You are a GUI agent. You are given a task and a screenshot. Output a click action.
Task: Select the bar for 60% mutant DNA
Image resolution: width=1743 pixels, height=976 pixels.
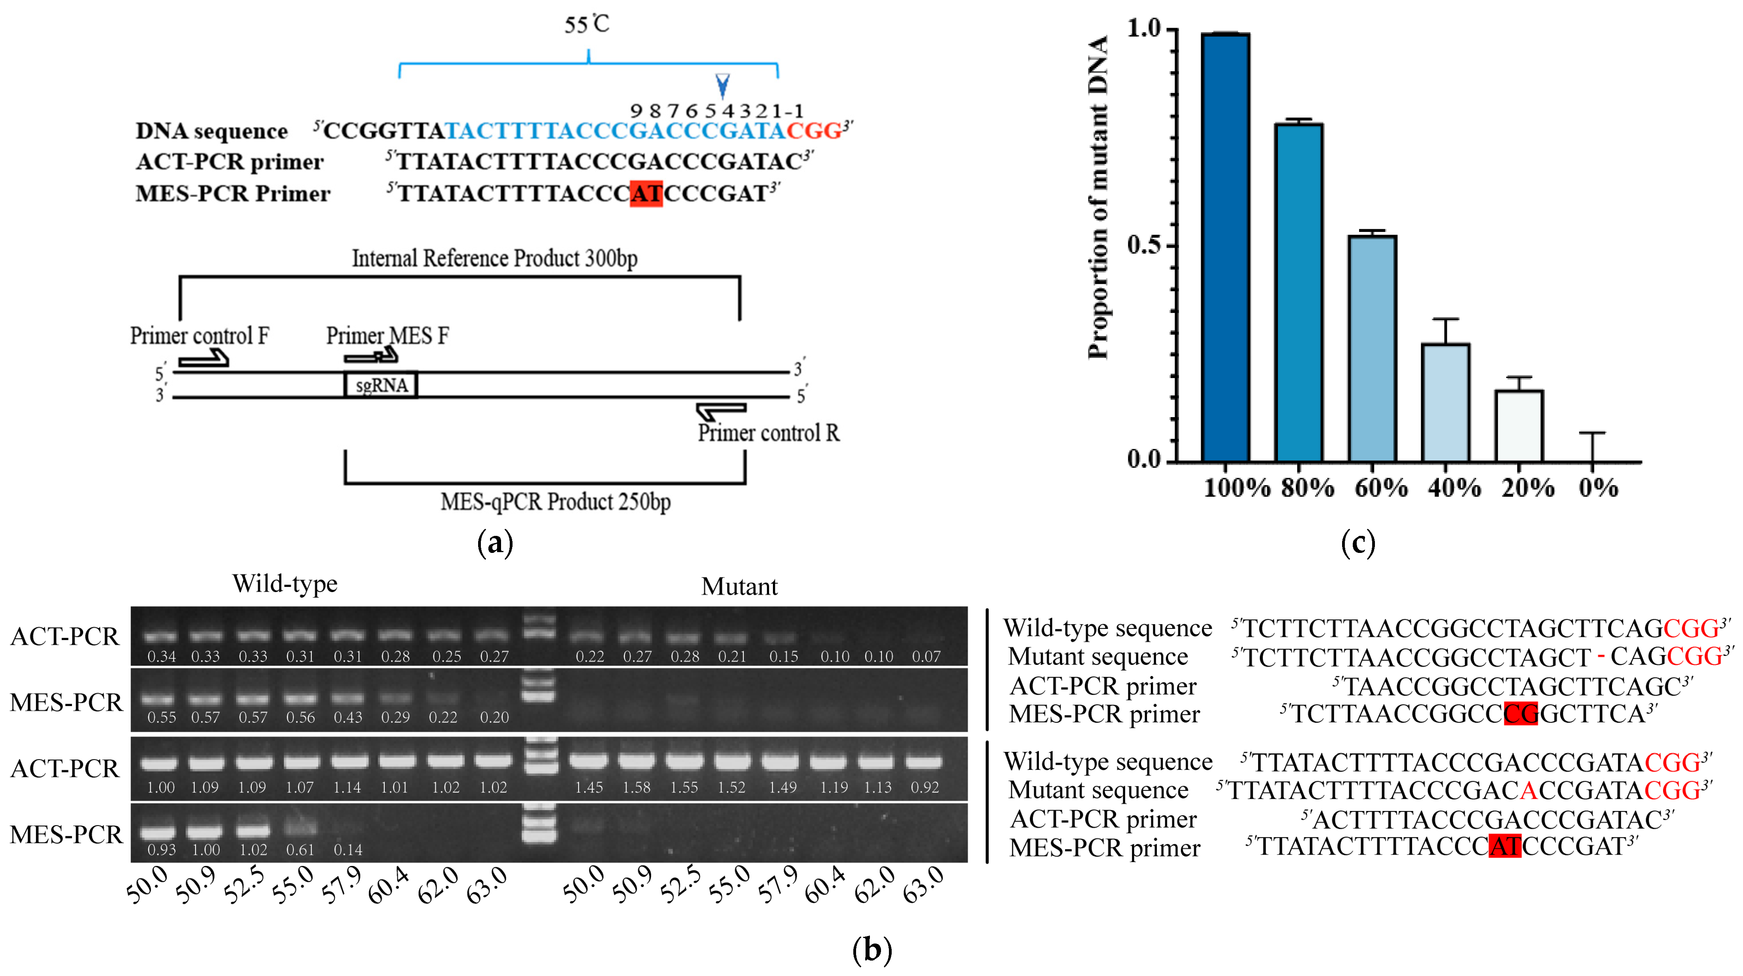coord(1372,349)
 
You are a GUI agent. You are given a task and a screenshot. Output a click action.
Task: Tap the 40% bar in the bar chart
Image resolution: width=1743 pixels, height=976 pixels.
coord(1445,403)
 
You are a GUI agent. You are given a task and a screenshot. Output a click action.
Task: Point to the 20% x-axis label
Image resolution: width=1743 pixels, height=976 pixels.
coord(1528,487)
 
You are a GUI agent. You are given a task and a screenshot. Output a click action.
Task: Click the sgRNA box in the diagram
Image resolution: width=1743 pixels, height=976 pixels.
coord(381,384)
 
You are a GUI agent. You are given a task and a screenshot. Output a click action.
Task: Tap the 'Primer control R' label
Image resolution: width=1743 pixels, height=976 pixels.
coord(769,433)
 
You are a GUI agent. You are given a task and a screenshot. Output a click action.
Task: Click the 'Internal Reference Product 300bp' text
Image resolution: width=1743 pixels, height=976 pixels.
coord(495,258)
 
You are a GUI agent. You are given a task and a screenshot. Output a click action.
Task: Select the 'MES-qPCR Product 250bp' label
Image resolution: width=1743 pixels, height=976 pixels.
coord(556,501)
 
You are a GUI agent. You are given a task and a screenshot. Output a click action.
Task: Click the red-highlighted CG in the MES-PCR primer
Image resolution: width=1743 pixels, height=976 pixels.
coord(1521,714)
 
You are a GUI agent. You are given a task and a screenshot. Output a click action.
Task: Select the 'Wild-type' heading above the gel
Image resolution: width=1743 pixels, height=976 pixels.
coord(285,583)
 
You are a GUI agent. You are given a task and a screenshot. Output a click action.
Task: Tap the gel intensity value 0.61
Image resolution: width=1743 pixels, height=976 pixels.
coord(300,849)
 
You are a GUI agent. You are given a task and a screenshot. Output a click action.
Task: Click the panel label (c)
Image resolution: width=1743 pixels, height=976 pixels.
coord(1358,543)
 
